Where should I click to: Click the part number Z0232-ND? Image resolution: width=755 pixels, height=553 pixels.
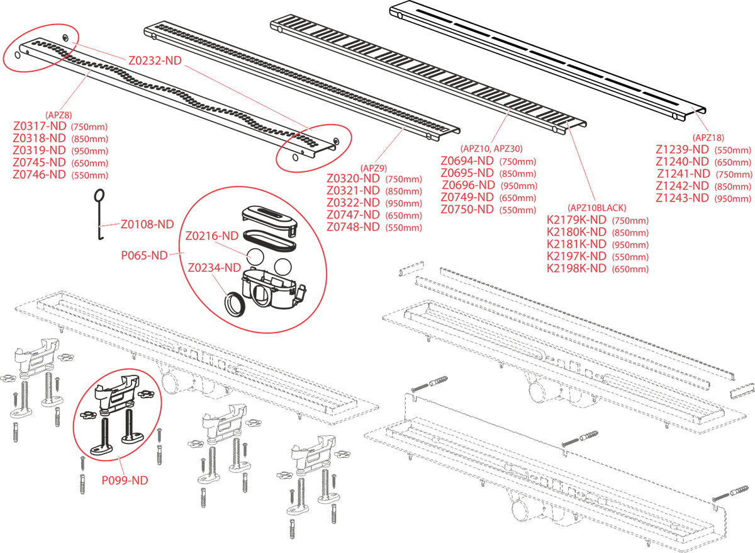click(x=155, y=61)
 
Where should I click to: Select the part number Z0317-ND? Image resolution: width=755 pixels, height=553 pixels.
click(x=39, y=126)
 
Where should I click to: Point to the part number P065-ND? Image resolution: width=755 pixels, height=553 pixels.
click(x=144, y=256)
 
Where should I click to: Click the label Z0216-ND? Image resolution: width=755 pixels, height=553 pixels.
click(x=212, y=236)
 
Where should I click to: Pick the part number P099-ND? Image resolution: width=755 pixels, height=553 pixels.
click(x=125, y=481)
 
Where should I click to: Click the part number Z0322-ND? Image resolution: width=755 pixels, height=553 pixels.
click(x=353, y=203)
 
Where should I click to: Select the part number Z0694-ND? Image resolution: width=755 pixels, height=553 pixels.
click(x=467, y=161)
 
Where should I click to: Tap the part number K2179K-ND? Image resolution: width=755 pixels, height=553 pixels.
click(x=577, y=220)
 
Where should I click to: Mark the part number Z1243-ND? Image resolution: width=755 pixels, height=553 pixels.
click(x=683, y=198)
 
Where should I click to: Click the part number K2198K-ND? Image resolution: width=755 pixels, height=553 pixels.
click(x=577, y=268)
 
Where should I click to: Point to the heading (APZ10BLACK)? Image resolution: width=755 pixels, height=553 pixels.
click(x=596, y=208)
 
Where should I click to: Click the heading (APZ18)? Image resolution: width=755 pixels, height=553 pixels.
click(x=708, y=137)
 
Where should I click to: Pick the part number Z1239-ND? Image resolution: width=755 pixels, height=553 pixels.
click(x=683, y=149)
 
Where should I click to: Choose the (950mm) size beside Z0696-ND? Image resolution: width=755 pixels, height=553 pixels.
click(x=518, y=186)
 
